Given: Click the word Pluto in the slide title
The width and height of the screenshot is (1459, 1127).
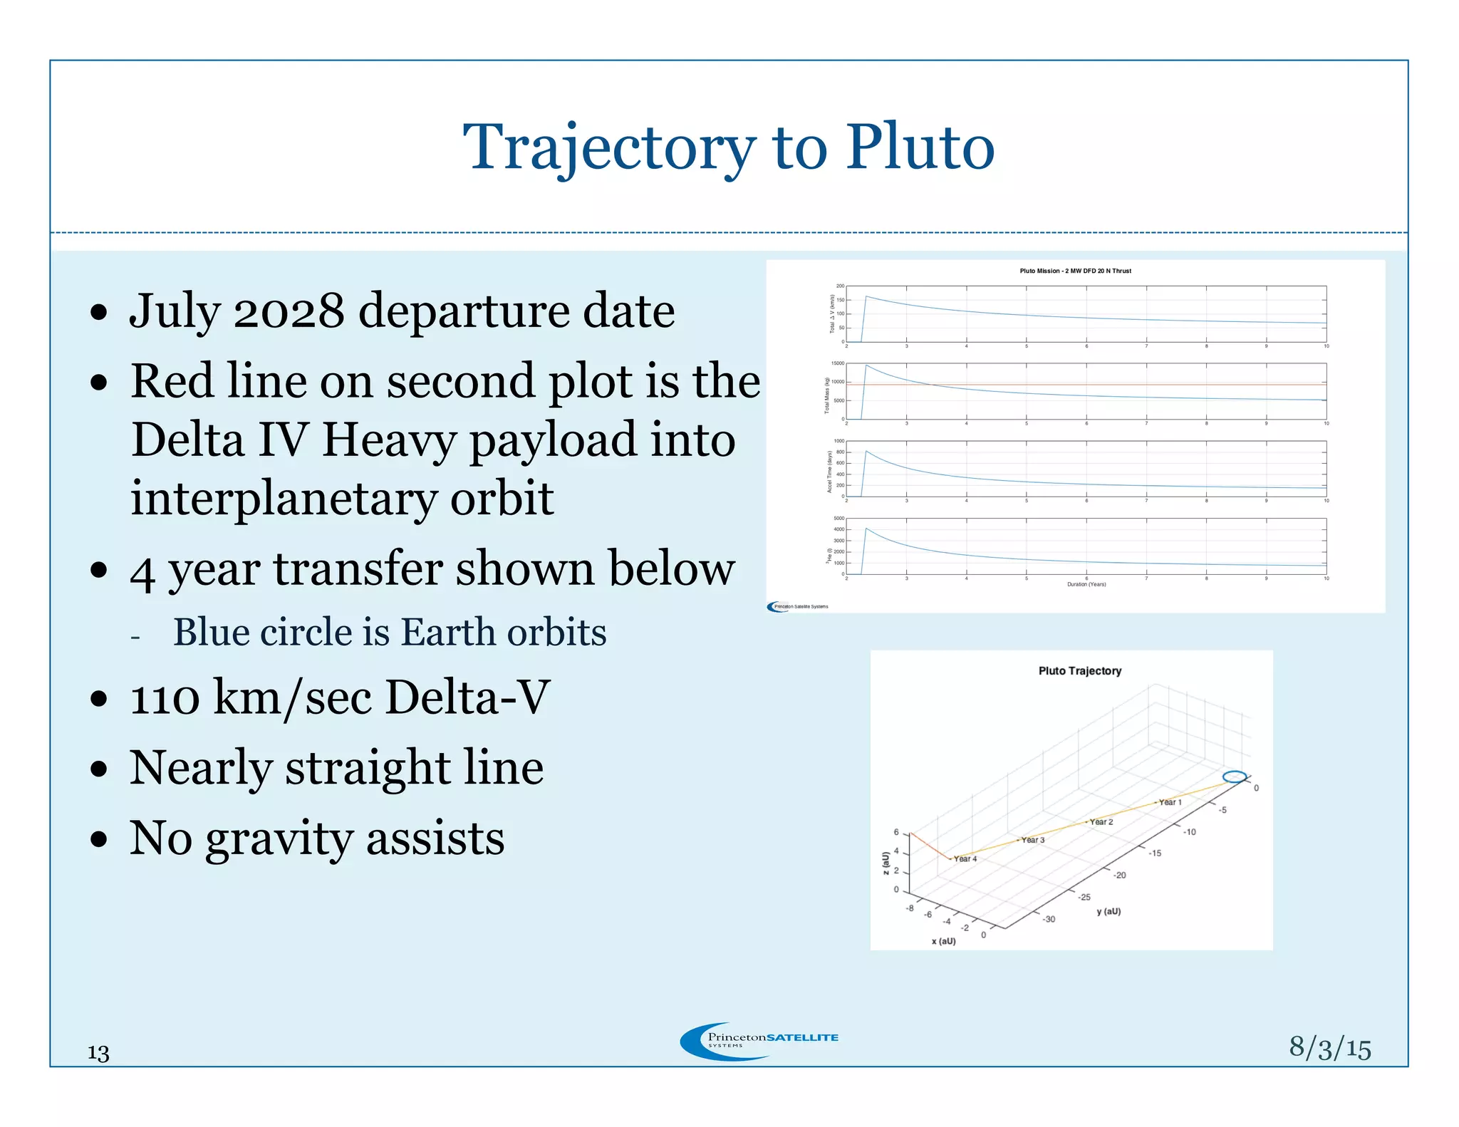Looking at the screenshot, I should [x=920, y=148].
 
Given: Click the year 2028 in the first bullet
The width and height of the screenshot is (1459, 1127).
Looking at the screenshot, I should [x=289, y=311].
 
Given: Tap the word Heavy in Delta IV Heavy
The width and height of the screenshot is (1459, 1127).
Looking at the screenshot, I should [x=389, y=440].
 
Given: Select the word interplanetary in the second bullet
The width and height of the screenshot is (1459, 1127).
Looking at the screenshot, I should [x=283, y=498].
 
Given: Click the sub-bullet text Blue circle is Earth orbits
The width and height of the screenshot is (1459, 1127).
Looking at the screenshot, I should [x=390, y=633].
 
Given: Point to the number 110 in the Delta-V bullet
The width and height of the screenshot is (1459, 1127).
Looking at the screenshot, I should [x=165, y=697].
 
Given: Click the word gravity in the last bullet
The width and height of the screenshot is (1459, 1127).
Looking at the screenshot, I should [x=279, y=838].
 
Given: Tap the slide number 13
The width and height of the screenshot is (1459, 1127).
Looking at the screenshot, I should [x=98, y=1052].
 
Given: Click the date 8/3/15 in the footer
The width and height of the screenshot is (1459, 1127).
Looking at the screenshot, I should [x=1329, y=1048].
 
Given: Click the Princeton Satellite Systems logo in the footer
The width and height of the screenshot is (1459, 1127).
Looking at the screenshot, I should [x=759, y=1041].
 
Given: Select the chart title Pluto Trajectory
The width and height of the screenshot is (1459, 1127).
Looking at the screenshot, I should [x=1079, y=671].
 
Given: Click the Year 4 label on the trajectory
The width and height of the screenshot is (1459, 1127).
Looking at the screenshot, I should [x=965, y=858].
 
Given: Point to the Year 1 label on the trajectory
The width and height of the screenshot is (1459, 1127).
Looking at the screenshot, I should [x=1170, y=802].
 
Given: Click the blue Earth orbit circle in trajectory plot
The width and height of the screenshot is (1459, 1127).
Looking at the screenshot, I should [x=1235, y=777].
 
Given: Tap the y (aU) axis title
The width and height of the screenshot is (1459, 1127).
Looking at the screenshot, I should [x=1108, y=911].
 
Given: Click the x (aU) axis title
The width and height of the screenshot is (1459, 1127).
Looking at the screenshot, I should [x=943, y=941].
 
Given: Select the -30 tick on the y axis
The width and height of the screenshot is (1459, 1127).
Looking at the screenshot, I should [x=1049, y=919].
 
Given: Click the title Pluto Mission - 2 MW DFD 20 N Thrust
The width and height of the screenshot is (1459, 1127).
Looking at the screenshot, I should [x=1075, y=271].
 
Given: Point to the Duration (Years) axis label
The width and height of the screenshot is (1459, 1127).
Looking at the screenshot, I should [x=1086, y=584].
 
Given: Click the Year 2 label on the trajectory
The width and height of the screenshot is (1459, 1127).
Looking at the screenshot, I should [x=1101, y=821].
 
